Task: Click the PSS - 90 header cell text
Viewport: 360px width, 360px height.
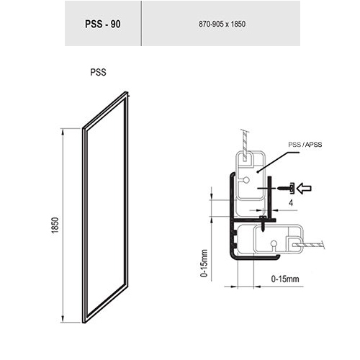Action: [x=103, y=24]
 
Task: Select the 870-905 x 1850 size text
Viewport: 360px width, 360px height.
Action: [x=222, y=24]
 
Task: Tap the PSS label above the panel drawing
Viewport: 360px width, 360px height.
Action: [x=98, y=72]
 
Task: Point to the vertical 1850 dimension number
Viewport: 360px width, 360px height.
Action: [x=55, y=225]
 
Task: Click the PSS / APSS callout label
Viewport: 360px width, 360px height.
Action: [x=305, y=145]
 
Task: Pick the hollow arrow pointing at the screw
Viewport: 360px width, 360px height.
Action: [x=304, y=188]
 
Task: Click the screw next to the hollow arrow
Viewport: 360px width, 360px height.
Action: [x=286, y=188]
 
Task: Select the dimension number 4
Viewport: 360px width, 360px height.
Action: [x=291, y=203]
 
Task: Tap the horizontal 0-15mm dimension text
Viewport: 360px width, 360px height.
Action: [x=285, y=279]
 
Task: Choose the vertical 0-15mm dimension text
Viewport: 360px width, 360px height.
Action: [x=204, y=263]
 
